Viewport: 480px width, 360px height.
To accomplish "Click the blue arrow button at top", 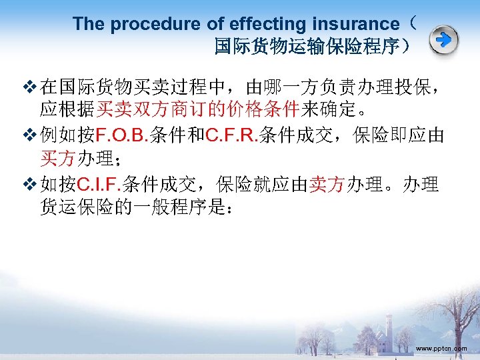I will tap(443, 41).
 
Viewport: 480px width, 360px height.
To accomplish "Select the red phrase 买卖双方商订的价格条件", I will tap(197, 109).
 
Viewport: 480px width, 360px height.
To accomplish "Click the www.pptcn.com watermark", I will tap(441, 348).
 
